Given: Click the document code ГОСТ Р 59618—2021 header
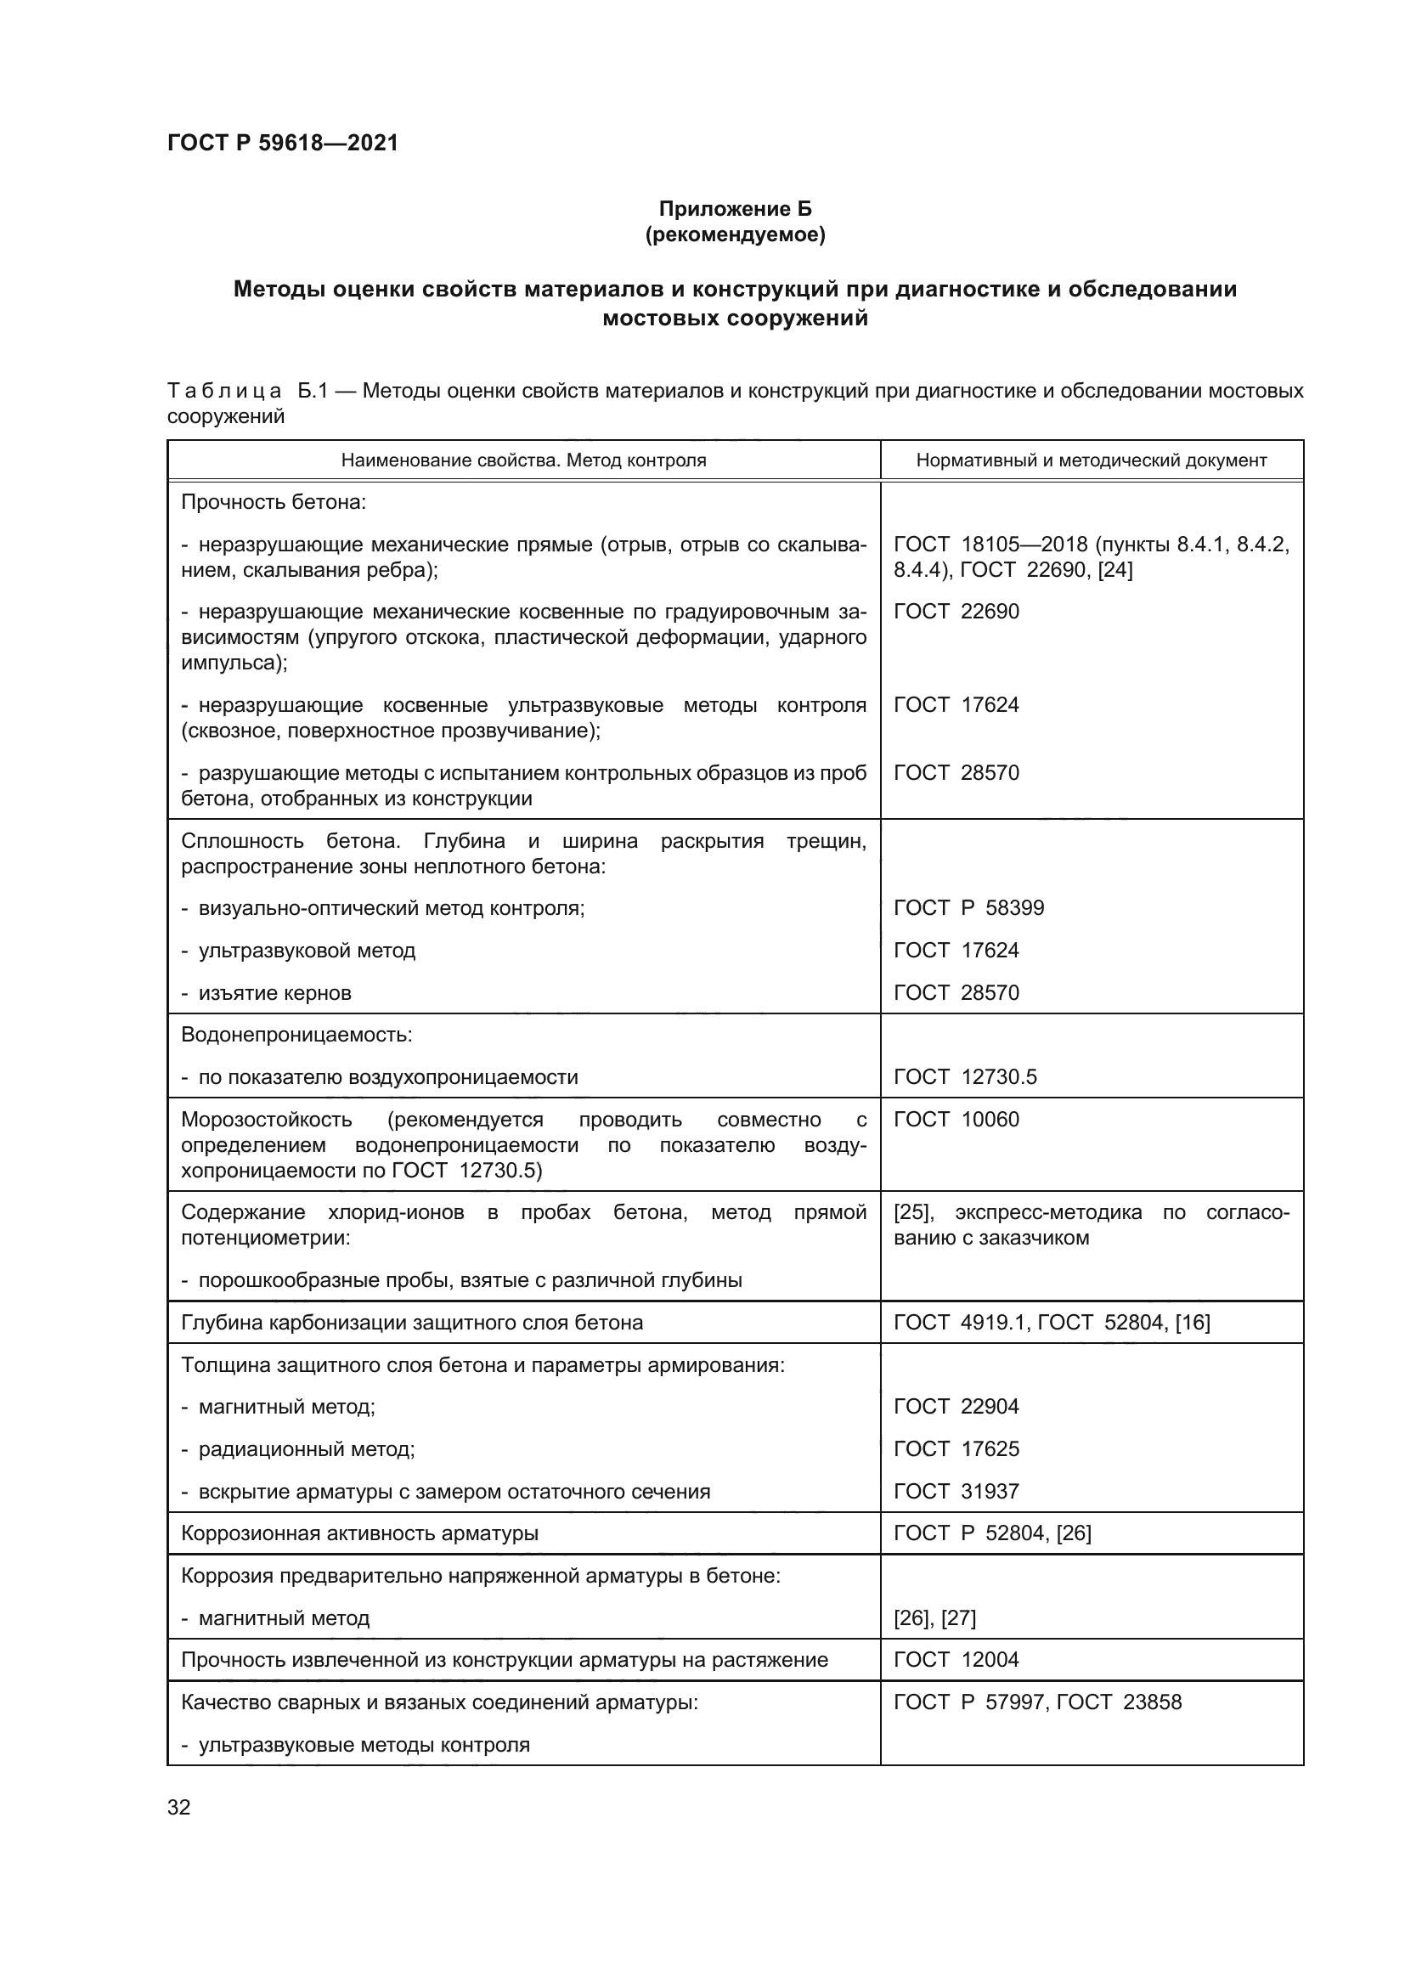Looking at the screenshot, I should pyautogui.click(x=283, y=144).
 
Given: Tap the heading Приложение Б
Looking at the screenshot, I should pyautogui.click(x=735, y=209).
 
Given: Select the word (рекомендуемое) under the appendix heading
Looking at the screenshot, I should pyautogui.click(x=735, y=234).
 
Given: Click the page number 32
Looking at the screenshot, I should pyautogui.click(x=179, y=1807).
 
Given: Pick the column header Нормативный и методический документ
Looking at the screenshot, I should pyautogui.click(x=1091, y=460).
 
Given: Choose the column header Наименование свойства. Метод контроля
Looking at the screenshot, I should pyautogui.click(x=523, y=460).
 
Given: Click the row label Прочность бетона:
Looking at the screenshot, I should pyautogui.click(x=274, y=502).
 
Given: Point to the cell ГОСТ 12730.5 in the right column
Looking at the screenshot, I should pyautogui.click(x=965, y=1077).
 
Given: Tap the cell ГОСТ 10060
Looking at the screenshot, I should pyautogui.click(x=956, y=1120).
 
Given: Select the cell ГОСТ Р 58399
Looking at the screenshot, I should pyautogui.click(x=968, y=908).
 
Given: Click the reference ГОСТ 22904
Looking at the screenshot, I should pyautogui.click(x=956, y=1406).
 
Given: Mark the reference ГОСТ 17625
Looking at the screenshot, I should pyautogui.click(x=956, y=1448).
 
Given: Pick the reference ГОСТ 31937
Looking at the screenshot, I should pyautogui.click(x=956, y=1491).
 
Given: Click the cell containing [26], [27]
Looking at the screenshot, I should pyautogui.click(x=934, y=1618).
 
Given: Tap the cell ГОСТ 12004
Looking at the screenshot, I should pyautogui.click(x=956, y=1660).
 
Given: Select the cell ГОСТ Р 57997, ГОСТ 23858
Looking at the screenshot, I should pyautogui.click(x=1036, y=1702).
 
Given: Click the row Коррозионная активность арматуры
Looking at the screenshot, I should pyautogui.click(x=359, y=1533).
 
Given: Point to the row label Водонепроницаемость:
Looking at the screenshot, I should pyautogui.click(x=296, y=1035).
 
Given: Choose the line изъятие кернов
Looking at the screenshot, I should pyautogui.click(x=274, y=992).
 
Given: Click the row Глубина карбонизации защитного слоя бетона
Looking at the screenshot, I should pyautogui.click(x=412, y=1323).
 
